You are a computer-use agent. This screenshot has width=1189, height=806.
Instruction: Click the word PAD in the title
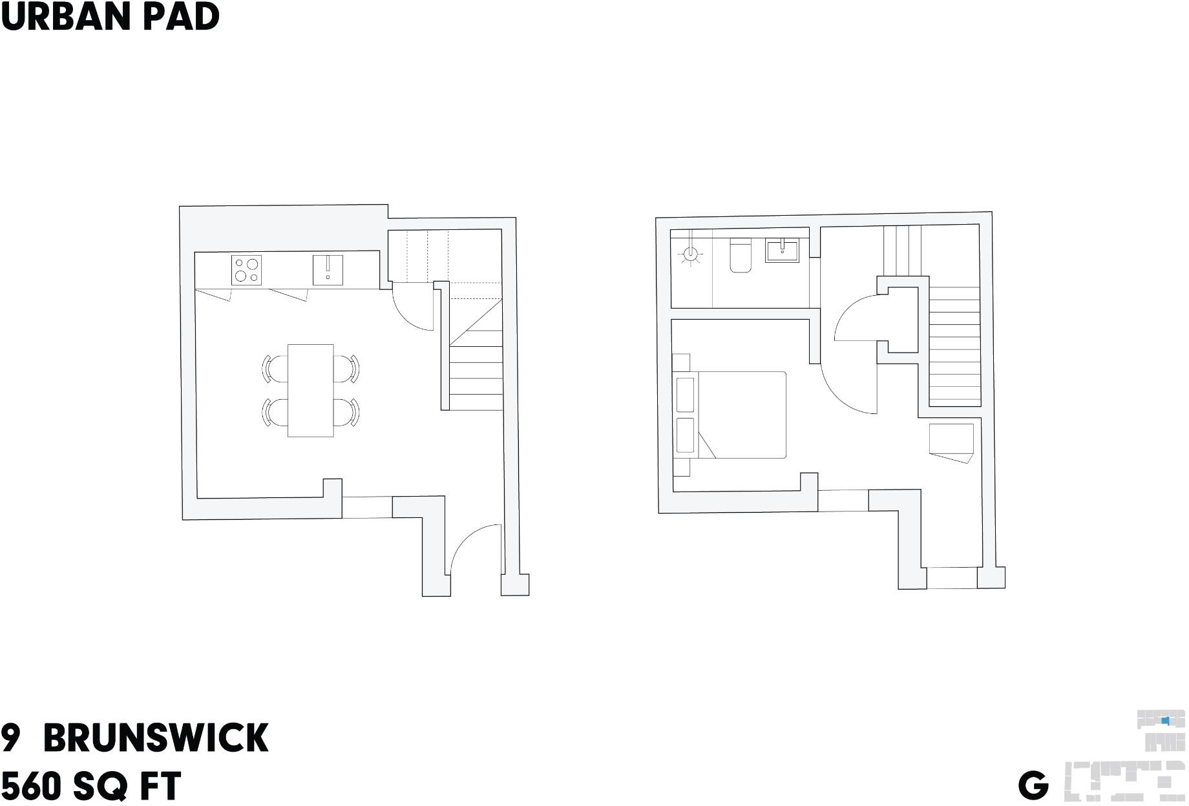(182, 17)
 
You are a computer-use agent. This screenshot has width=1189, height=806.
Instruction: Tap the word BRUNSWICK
(156, 738)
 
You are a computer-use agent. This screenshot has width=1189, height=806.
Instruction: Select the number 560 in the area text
(32, 786)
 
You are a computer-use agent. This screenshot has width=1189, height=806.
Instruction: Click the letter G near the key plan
(1033, 786)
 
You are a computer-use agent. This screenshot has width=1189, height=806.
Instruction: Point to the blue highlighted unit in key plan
(1166, 720)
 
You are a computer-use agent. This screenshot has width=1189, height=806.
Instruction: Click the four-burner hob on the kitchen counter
(246, 270)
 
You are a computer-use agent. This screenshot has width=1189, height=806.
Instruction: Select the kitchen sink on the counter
(328, 270)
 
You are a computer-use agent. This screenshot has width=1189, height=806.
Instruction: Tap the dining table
(311, 391)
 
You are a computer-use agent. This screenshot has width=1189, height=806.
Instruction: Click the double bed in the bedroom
(730, 415)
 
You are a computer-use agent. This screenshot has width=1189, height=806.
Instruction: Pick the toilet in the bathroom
(741, 255)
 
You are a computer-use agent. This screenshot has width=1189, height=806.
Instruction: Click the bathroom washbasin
(782, 251)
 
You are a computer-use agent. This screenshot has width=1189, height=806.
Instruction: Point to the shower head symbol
(691, 254)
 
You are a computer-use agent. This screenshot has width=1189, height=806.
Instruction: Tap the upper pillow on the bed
(685, 395)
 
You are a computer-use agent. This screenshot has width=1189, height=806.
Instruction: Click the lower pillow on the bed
(685, 435)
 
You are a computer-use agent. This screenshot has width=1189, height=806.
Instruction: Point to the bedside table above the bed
(682, 362)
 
